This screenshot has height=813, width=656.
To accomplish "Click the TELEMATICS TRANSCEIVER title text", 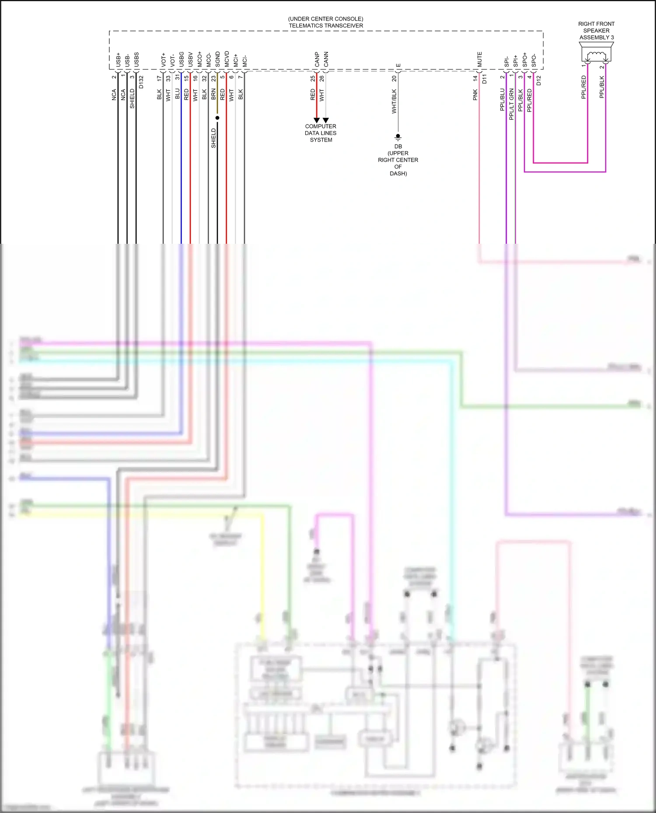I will [x=326, y=26].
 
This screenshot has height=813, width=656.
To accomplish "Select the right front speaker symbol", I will [x=596, y=55].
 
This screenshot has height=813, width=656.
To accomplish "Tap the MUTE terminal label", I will [x=479, y=59].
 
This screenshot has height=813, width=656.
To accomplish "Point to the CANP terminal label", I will [x=317, y=59].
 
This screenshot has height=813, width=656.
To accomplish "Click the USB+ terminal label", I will [x=118, y=60].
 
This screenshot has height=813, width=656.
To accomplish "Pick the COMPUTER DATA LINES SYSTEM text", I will [x=321, y=133].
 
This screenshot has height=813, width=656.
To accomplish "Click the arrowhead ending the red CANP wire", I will [x=317, y=120].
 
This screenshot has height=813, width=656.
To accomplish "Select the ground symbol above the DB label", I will [x=398, y=137].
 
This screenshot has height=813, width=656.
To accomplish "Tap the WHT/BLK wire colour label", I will [x=394, y=101].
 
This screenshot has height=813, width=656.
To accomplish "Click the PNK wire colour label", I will [x=475, y=95].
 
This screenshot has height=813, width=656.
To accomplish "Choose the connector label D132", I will [x=141, y=82].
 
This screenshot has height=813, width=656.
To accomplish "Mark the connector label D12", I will [x=538, y=80].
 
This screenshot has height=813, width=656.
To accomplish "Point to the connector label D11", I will [x=484, y=79].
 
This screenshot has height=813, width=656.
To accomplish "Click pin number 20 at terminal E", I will [x=394, y=78].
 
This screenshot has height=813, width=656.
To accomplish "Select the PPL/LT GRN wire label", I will [x=511, y=104].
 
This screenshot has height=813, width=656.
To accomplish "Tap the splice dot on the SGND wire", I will [x=217, y=118].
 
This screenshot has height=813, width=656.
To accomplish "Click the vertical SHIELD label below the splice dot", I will [x=213, y=138].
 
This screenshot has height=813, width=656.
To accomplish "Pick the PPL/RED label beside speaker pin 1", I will [x=583, y=87].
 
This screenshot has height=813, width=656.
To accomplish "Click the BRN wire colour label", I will [x=213, y=94].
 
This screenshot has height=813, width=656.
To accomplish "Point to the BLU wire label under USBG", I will [x=177, y=93].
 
